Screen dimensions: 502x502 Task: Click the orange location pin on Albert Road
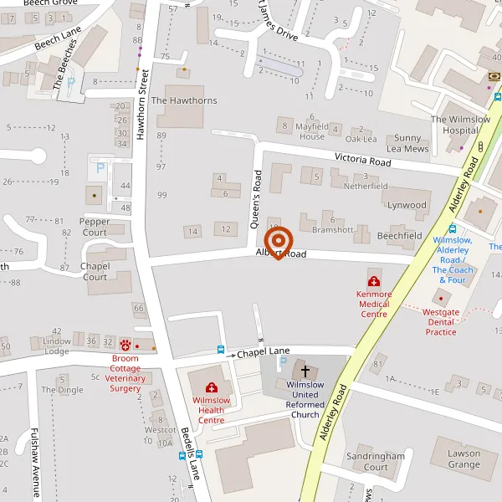[278, 243]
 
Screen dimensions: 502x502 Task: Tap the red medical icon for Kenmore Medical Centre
[373, 281]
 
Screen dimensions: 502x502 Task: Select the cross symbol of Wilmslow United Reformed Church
[305, 370]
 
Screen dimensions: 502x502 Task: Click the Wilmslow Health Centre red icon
[211, 387]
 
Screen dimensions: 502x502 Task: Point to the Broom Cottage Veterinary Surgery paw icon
[126, 345]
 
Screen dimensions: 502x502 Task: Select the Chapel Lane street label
[263, 353]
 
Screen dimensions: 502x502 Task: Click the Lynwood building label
[407, 205]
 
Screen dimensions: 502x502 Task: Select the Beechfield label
[399, 236]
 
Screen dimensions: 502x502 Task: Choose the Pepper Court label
[95, 227]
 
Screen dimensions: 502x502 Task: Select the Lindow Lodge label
[57, 346]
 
